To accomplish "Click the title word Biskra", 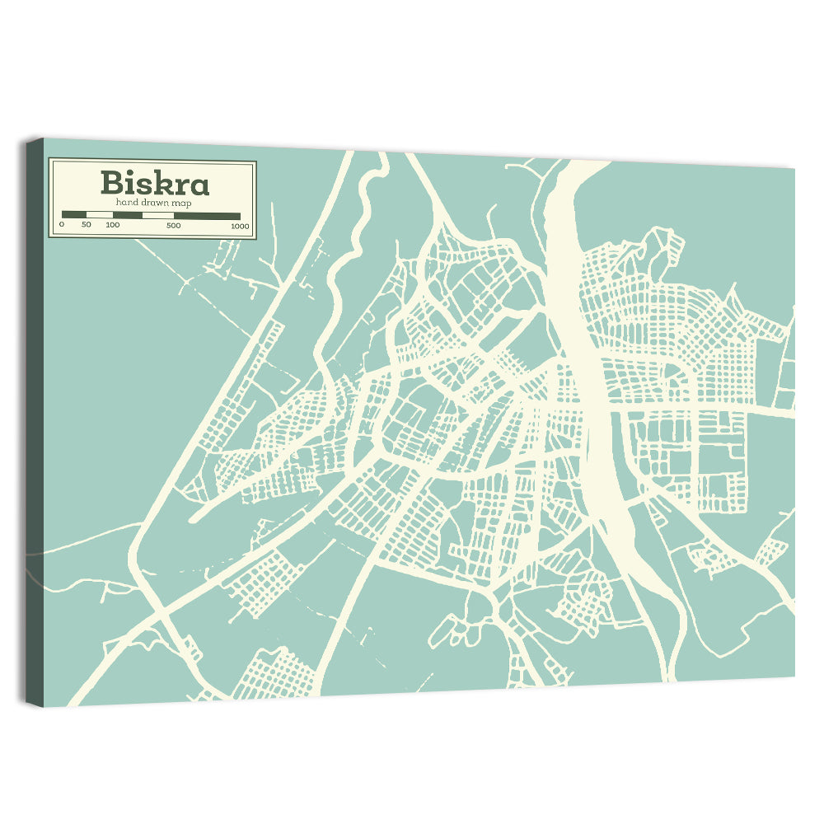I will tap(155, 182).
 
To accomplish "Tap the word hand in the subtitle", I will tap(127, 202).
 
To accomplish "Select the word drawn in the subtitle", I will tap(153, 202).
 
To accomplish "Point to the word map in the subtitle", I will tap(182, 203).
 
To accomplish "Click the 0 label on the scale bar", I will tap(62, 224).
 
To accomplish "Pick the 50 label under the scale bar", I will tap(87, 224).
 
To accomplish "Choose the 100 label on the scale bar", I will tap(113, 224).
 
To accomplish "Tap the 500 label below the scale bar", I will tap(174, 225).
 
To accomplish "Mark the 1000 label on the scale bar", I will tap(240, 226).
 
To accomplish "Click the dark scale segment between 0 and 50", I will tap(74, 215).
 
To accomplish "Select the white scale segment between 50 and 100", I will tap(100, 215).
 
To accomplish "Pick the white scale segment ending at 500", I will tap(158, 215).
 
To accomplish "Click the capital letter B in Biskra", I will tap(111, 183).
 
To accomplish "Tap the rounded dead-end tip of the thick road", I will tap(193, 519).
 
